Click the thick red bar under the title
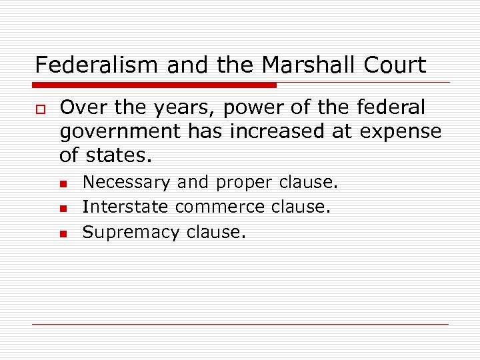[x=155, y=85]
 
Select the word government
[x=121, y=133]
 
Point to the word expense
[x=401, y=133]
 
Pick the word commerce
[x=220, y=207]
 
